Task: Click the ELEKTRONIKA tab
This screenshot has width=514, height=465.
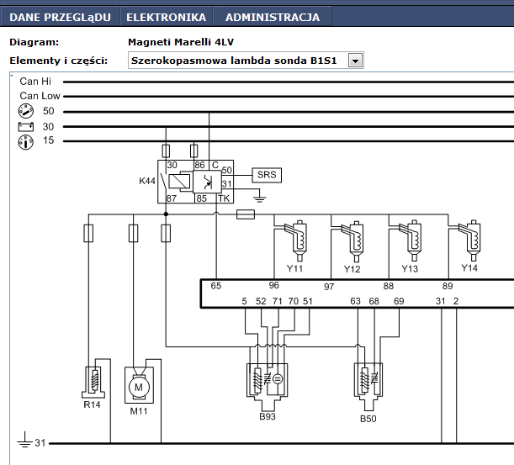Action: point(167,17)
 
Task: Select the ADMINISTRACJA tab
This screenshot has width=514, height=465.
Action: point(273,17)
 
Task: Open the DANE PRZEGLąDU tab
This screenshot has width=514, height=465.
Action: point(60,17)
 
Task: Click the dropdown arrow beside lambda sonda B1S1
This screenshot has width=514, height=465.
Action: point(355,61)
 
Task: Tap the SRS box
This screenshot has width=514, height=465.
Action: point(267,175)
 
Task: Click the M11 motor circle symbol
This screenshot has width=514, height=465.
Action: point(139,388)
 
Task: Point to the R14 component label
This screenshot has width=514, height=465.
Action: point(92,404)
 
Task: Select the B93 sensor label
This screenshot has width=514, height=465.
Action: point(268,416)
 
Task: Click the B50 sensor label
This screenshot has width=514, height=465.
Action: point(368,419)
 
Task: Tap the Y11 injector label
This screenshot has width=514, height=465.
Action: point(294,269)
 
